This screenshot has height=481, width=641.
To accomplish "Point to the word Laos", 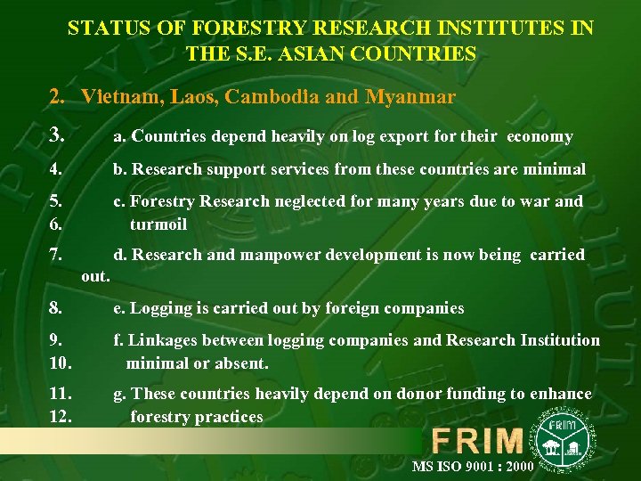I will tap(181, 96).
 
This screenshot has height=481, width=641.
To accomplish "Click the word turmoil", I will tap(158, 224).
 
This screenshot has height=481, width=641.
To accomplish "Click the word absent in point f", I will tap(240, 363).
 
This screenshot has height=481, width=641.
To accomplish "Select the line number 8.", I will tap(55, 308).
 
